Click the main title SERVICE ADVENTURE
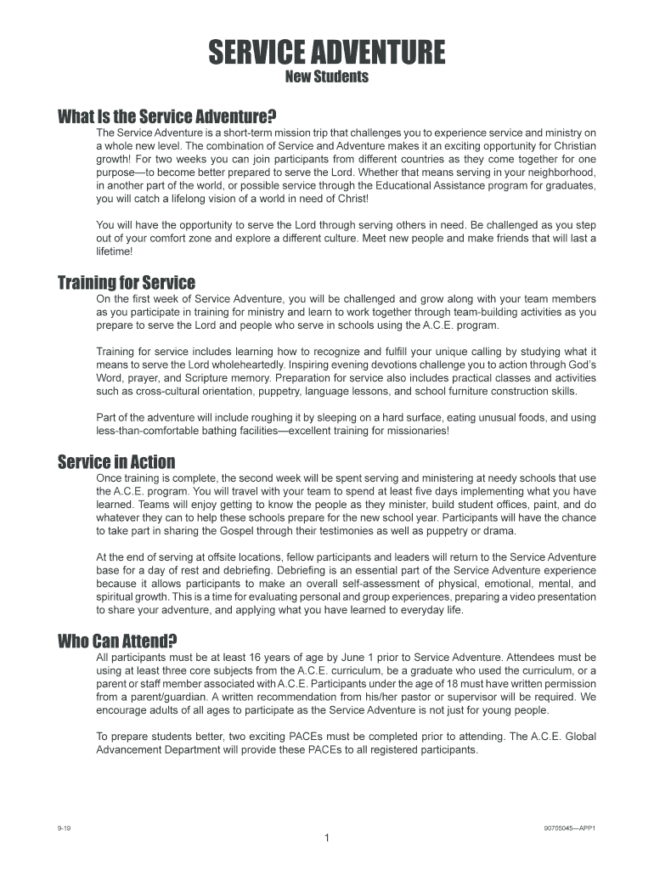click(327, 54)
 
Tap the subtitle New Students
click(327, 77)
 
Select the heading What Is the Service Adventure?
click(167, 116)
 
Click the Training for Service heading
click(126, 282)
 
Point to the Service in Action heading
click(116, 462)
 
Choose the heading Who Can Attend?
click(117, 641)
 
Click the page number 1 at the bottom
click(327, 839)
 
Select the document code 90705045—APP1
click(570, 827)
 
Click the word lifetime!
click(115, 251)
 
